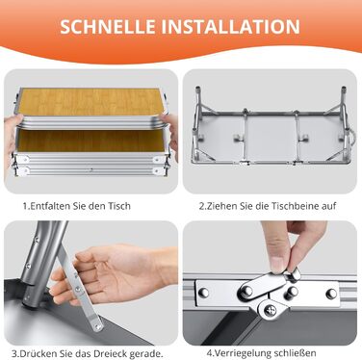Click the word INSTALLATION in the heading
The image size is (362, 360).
pyautogui.click(x=230, y=27)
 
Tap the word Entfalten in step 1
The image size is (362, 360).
pyautogui.click(x=50, y=206)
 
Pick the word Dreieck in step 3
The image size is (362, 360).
pyautogui.click(x=111, y=354)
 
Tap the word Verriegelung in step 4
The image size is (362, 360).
pyautogui.click(x=241, y=353)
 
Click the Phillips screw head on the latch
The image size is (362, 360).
pyautogui.click(x=269, y=310)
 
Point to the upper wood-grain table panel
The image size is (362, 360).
pyautogui.click(x=90, y=102)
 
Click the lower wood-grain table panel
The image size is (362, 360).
pyautogui.click(x=91, y=141)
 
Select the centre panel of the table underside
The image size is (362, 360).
pyautogui.click(x=272, y=139)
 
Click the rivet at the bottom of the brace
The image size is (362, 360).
pyautogui.click(x=98, y=326)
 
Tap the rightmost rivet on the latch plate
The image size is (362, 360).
pyautogui.click(x=331, y=294)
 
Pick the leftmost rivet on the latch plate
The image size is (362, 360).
pyautogui.click(x=203, y=293)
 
